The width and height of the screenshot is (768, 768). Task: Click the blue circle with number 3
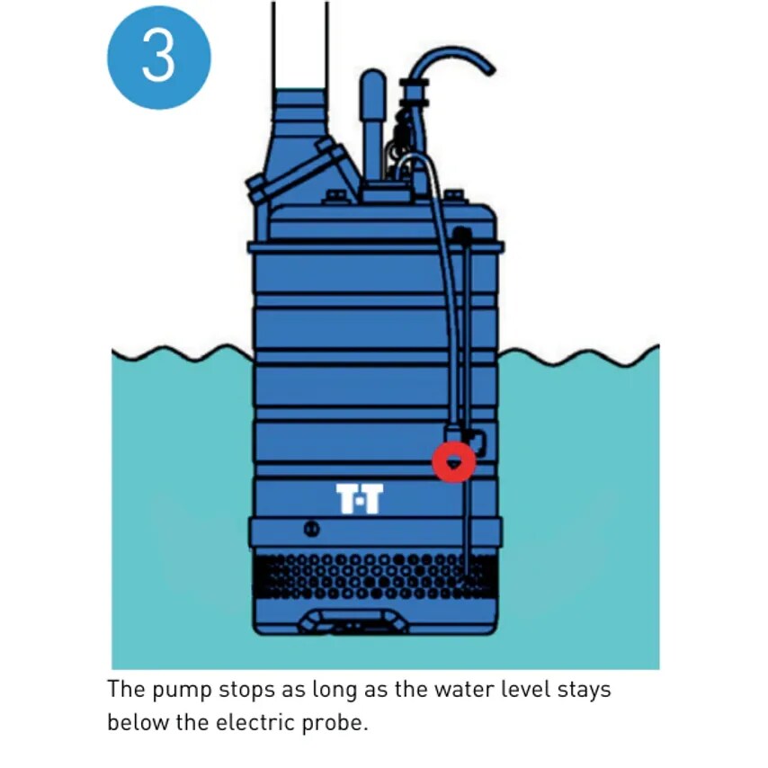click(x=159, y=58)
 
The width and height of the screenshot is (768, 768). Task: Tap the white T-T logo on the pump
click(x=360, y=498)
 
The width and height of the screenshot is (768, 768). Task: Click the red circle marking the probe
click(x=454, y=462)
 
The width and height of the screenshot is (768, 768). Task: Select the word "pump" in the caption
click(x=182, y=691)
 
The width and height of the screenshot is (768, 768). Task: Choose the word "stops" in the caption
click(x=246, y=691)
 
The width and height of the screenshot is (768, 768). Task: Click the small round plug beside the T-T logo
click(x=312, y=529)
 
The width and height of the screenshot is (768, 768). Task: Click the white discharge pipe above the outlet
click(x=299, y=45)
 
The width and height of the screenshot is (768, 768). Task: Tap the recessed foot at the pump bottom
click(x=353, y=621)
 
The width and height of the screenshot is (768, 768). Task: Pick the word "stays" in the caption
click(x=585, y=691)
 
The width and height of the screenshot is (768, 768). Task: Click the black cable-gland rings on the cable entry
click(x=414, y=92)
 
